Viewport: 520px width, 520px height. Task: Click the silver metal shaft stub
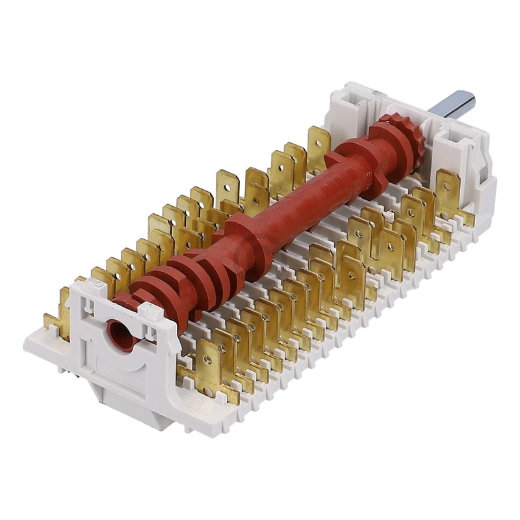coord(459,104)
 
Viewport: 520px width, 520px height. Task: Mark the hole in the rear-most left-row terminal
coord(318,138)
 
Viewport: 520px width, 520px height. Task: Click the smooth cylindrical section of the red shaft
coord(305,195)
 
